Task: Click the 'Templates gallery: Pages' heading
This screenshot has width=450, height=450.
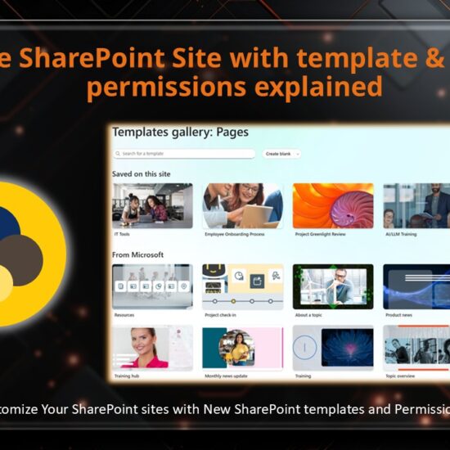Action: (180, 132)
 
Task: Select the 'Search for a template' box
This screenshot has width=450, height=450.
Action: (184, 153)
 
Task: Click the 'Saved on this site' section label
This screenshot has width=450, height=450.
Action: (141, 174)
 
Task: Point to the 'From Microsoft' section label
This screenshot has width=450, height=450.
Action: (137, 254)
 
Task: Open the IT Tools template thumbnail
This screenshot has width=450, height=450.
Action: (152, 205)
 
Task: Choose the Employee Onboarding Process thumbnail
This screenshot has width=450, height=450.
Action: (242, 205)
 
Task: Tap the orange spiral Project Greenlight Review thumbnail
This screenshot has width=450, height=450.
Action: (333, 205)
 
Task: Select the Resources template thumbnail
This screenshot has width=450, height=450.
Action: (152, 286)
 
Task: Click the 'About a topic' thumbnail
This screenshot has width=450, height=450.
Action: (333, 286)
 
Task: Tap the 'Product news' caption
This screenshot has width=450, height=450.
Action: (400, 315)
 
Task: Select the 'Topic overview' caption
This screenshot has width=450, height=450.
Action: (402, 375)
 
